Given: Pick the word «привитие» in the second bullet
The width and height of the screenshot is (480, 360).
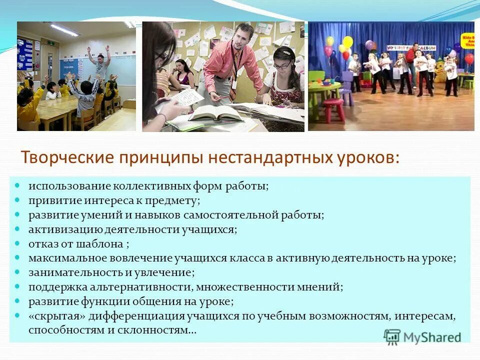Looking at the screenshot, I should (x=49, y=200).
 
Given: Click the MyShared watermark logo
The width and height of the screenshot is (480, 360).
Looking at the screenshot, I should (x=422, y=337).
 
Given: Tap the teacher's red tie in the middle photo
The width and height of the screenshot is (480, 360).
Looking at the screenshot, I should (x=233, y=67).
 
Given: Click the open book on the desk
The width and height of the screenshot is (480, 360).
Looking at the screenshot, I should (x=207, y=114).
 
